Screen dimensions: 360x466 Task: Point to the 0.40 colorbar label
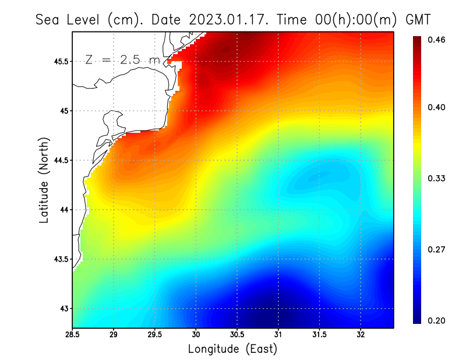coord(437,107)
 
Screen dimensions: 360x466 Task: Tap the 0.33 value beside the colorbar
coord(437,178)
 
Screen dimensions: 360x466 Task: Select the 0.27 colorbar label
coord(437,249)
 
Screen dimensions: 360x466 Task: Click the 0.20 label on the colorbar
coord(437,320)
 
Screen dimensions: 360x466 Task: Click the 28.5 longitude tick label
coord(73,335)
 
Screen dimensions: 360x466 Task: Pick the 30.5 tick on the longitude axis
coord(237,335)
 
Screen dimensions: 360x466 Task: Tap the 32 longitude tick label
coord(361,335)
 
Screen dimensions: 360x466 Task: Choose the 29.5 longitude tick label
coord(155,335)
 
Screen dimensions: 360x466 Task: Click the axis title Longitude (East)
coord(232,349)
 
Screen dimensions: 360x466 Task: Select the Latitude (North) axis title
coord(44,180)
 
